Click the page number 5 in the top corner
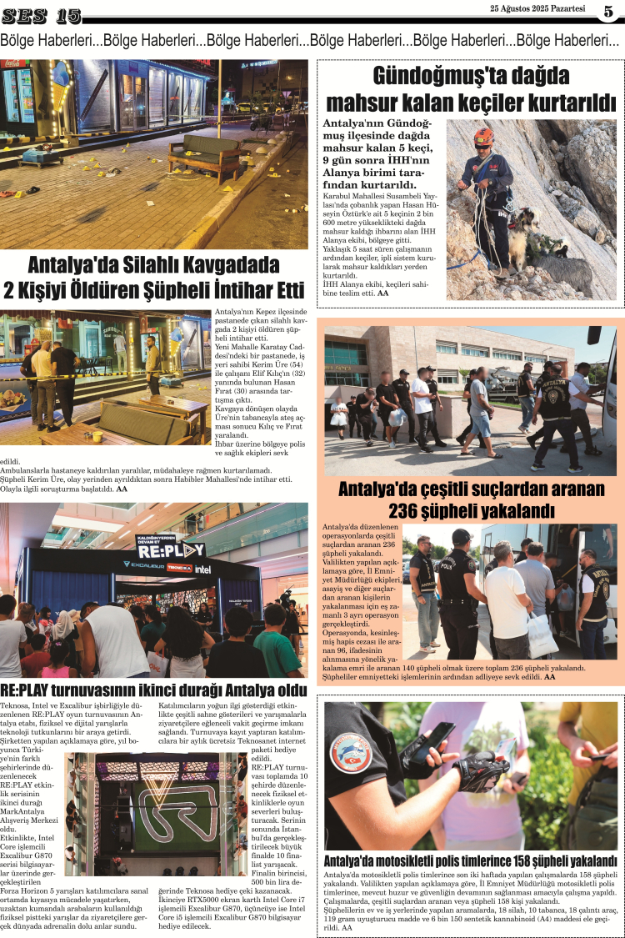(608, 12)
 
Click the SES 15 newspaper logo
(42, 16)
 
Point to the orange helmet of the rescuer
(483, 136)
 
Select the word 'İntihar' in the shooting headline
(232, 292)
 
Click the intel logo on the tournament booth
(202, 569)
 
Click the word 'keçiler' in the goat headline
(485, 103)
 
